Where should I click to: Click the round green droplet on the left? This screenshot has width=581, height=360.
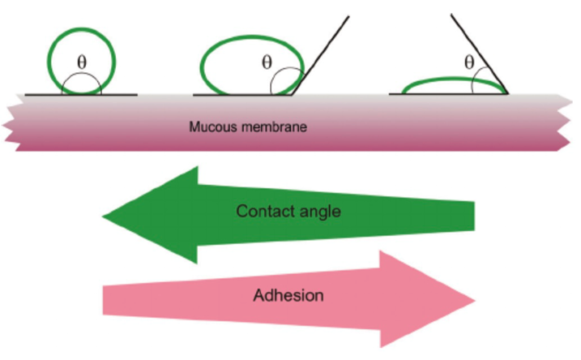point(82,34)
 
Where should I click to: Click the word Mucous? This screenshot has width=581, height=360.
point(212,128)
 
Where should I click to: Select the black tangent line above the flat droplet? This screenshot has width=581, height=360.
point(478,54)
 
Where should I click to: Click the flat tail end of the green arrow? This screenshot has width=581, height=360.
point(473,214)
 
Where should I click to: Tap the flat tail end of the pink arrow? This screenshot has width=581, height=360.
point(105,299)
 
